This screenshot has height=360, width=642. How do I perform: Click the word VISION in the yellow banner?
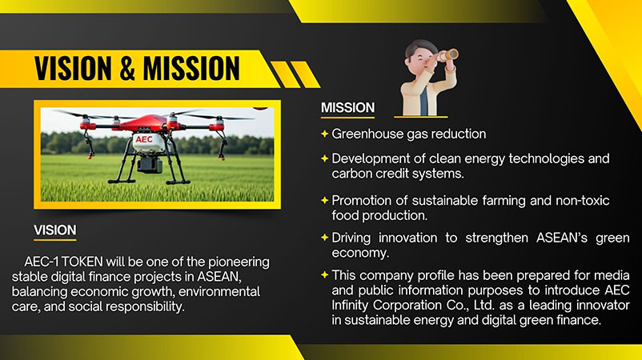point(73,68)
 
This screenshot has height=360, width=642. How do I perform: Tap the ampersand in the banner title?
point(127,68)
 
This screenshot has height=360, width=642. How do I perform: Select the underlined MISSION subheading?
point(347,107)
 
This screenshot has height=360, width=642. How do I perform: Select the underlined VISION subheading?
point(55,230)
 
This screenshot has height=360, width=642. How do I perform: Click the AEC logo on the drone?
point(144,139)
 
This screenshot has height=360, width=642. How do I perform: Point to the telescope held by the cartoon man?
point(447,55)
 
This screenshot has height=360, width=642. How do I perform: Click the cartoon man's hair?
point(419,46)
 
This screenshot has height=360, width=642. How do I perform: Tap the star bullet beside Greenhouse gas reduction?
point(325,134)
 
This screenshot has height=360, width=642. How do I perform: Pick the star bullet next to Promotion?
point(325,201)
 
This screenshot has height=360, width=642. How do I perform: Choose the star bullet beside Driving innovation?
point(325,238)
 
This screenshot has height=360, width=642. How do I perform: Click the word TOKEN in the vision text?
point(82,262)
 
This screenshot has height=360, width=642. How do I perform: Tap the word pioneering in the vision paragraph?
point(239,262)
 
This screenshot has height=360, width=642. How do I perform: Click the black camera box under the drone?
point(150,164)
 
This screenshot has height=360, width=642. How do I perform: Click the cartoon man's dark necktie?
point(423,99)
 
